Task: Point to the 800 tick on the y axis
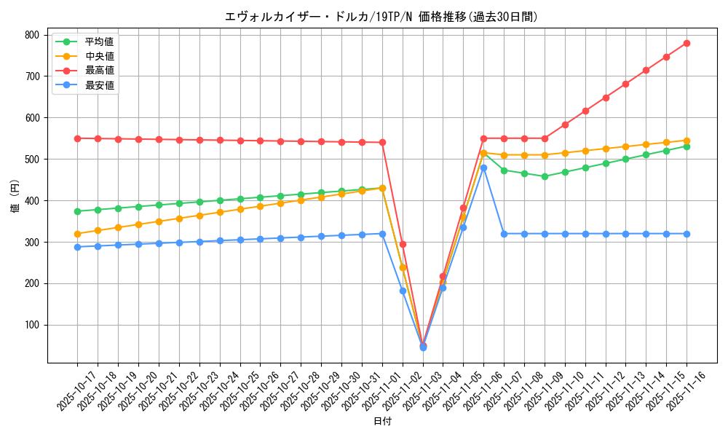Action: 32,35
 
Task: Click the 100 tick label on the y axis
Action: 32,325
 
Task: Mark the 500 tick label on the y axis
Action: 32,160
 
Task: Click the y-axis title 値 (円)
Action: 15,196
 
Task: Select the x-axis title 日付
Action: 382,422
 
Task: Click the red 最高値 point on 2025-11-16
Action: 687,43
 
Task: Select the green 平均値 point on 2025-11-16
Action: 687,146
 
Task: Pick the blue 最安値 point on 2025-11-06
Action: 483,168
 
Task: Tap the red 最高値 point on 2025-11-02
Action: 403,244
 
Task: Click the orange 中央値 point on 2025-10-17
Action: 77,234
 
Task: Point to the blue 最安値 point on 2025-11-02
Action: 403,291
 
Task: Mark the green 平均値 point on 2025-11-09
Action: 545,176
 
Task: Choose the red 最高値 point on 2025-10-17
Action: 77,138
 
